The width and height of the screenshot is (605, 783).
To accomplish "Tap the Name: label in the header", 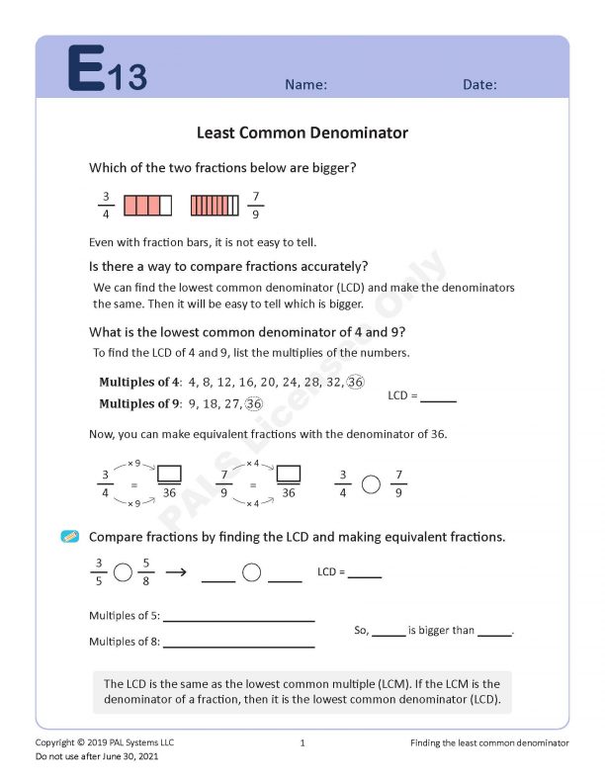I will [x=305, y=85].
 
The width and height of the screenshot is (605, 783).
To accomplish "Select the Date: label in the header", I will [x=479, y=85].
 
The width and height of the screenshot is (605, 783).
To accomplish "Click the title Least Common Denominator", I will [x=302, y=132].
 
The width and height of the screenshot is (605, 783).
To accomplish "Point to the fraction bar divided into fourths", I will [x=147, y=206].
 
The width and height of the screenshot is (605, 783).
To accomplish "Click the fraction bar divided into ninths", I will [x=215, y=206].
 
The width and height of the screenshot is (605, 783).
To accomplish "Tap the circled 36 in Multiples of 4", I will [x=357, y=383].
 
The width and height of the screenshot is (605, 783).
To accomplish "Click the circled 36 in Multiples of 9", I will [x=254, y=403].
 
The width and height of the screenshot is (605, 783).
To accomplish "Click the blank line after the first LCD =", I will [x=438, y=400].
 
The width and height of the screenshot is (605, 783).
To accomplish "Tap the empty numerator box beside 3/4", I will [x=169, y=473].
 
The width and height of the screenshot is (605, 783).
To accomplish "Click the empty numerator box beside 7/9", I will [x=289, y=473].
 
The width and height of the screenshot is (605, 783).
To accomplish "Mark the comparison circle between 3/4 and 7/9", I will [x=371, y=484].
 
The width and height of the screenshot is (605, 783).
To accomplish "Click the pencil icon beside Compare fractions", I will [x=70, y=537].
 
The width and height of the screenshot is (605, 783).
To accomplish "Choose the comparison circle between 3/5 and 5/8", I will [x=123, y=572].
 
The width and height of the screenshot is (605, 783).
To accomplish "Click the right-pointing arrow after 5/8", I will [x=176, y=571].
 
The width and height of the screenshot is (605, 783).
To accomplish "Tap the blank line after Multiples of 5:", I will [x=239, y=620].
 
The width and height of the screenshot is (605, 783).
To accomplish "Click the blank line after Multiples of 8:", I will [x=239, y=646].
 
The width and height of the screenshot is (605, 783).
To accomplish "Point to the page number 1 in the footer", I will [x=302, y=742].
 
